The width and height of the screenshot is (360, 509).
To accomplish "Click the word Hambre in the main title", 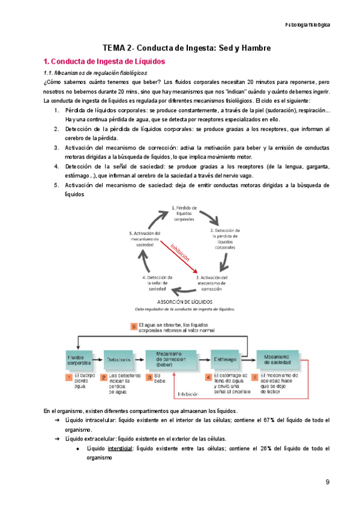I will coord(253,47).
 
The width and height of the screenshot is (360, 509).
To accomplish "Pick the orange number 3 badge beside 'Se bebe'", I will coord(150,378).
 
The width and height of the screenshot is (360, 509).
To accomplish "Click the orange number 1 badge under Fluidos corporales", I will coord(70,378).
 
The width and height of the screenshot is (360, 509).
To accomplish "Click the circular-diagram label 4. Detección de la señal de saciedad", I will coord(158,283).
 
